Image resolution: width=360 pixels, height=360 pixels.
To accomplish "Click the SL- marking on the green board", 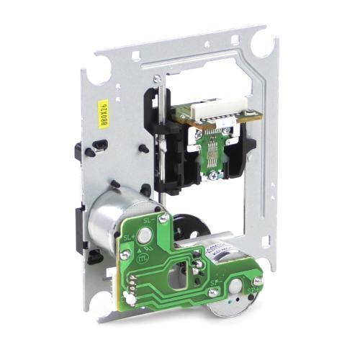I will point(150,220).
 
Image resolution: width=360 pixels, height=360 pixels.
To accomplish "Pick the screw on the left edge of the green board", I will point(125,254).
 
